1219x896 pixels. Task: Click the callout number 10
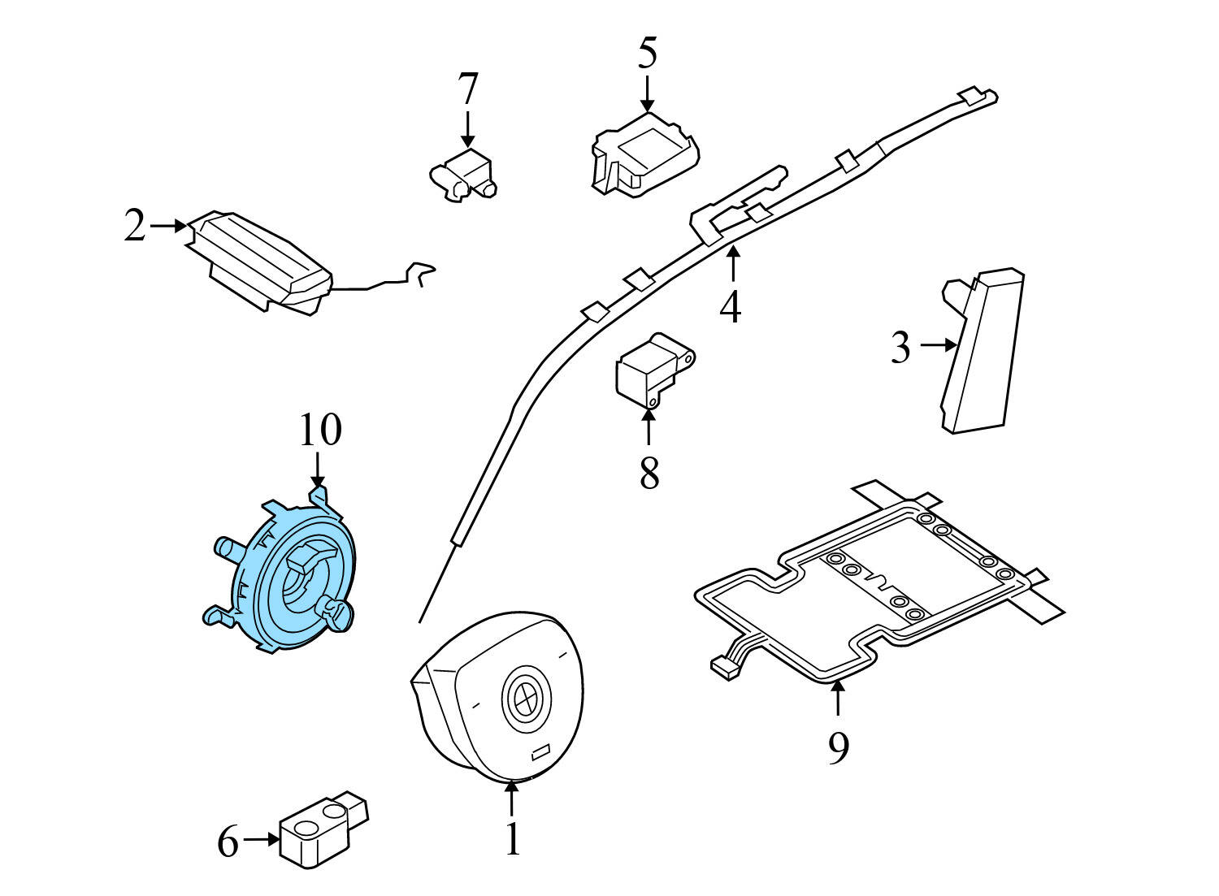tap(319, 431)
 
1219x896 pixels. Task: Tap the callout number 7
tap(468, 89)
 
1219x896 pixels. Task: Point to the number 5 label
tap(647, 53)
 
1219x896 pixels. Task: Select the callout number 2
tap(135, 226)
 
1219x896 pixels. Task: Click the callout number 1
tap(512, 839)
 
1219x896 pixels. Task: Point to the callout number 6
tap(228, 842)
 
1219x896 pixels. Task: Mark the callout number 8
tap(649, 473)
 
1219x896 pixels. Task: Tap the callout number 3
tap(900, 348)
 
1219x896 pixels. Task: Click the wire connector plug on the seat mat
tap(722, 667)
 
